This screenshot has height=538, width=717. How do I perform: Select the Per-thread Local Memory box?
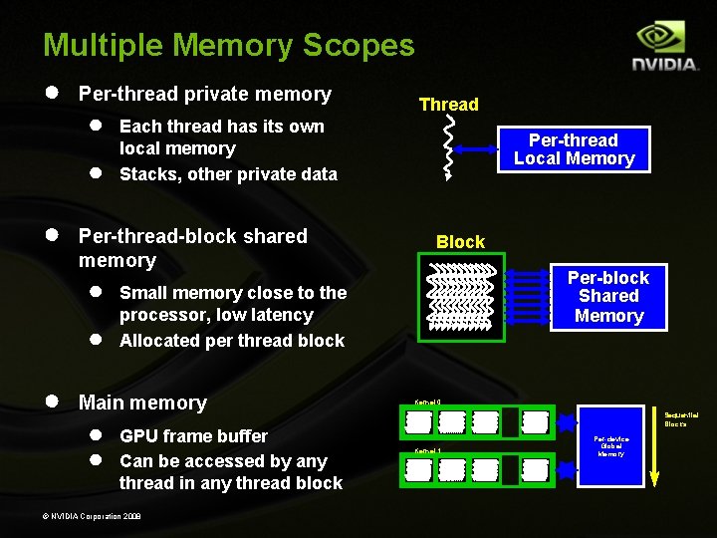575,149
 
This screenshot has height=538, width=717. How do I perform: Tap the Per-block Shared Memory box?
608,297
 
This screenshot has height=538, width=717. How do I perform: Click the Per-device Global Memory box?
610,446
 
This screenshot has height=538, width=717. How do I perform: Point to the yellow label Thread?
448,105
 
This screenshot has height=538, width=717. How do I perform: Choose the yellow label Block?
460,242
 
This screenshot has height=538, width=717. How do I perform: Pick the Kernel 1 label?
426,451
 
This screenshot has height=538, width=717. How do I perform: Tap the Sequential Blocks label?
681,418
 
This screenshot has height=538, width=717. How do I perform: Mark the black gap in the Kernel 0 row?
510,423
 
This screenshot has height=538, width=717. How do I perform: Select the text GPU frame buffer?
193,436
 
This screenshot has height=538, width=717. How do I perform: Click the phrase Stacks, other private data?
228,174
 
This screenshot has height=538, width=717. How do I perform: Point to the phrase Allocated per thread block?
231,341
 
